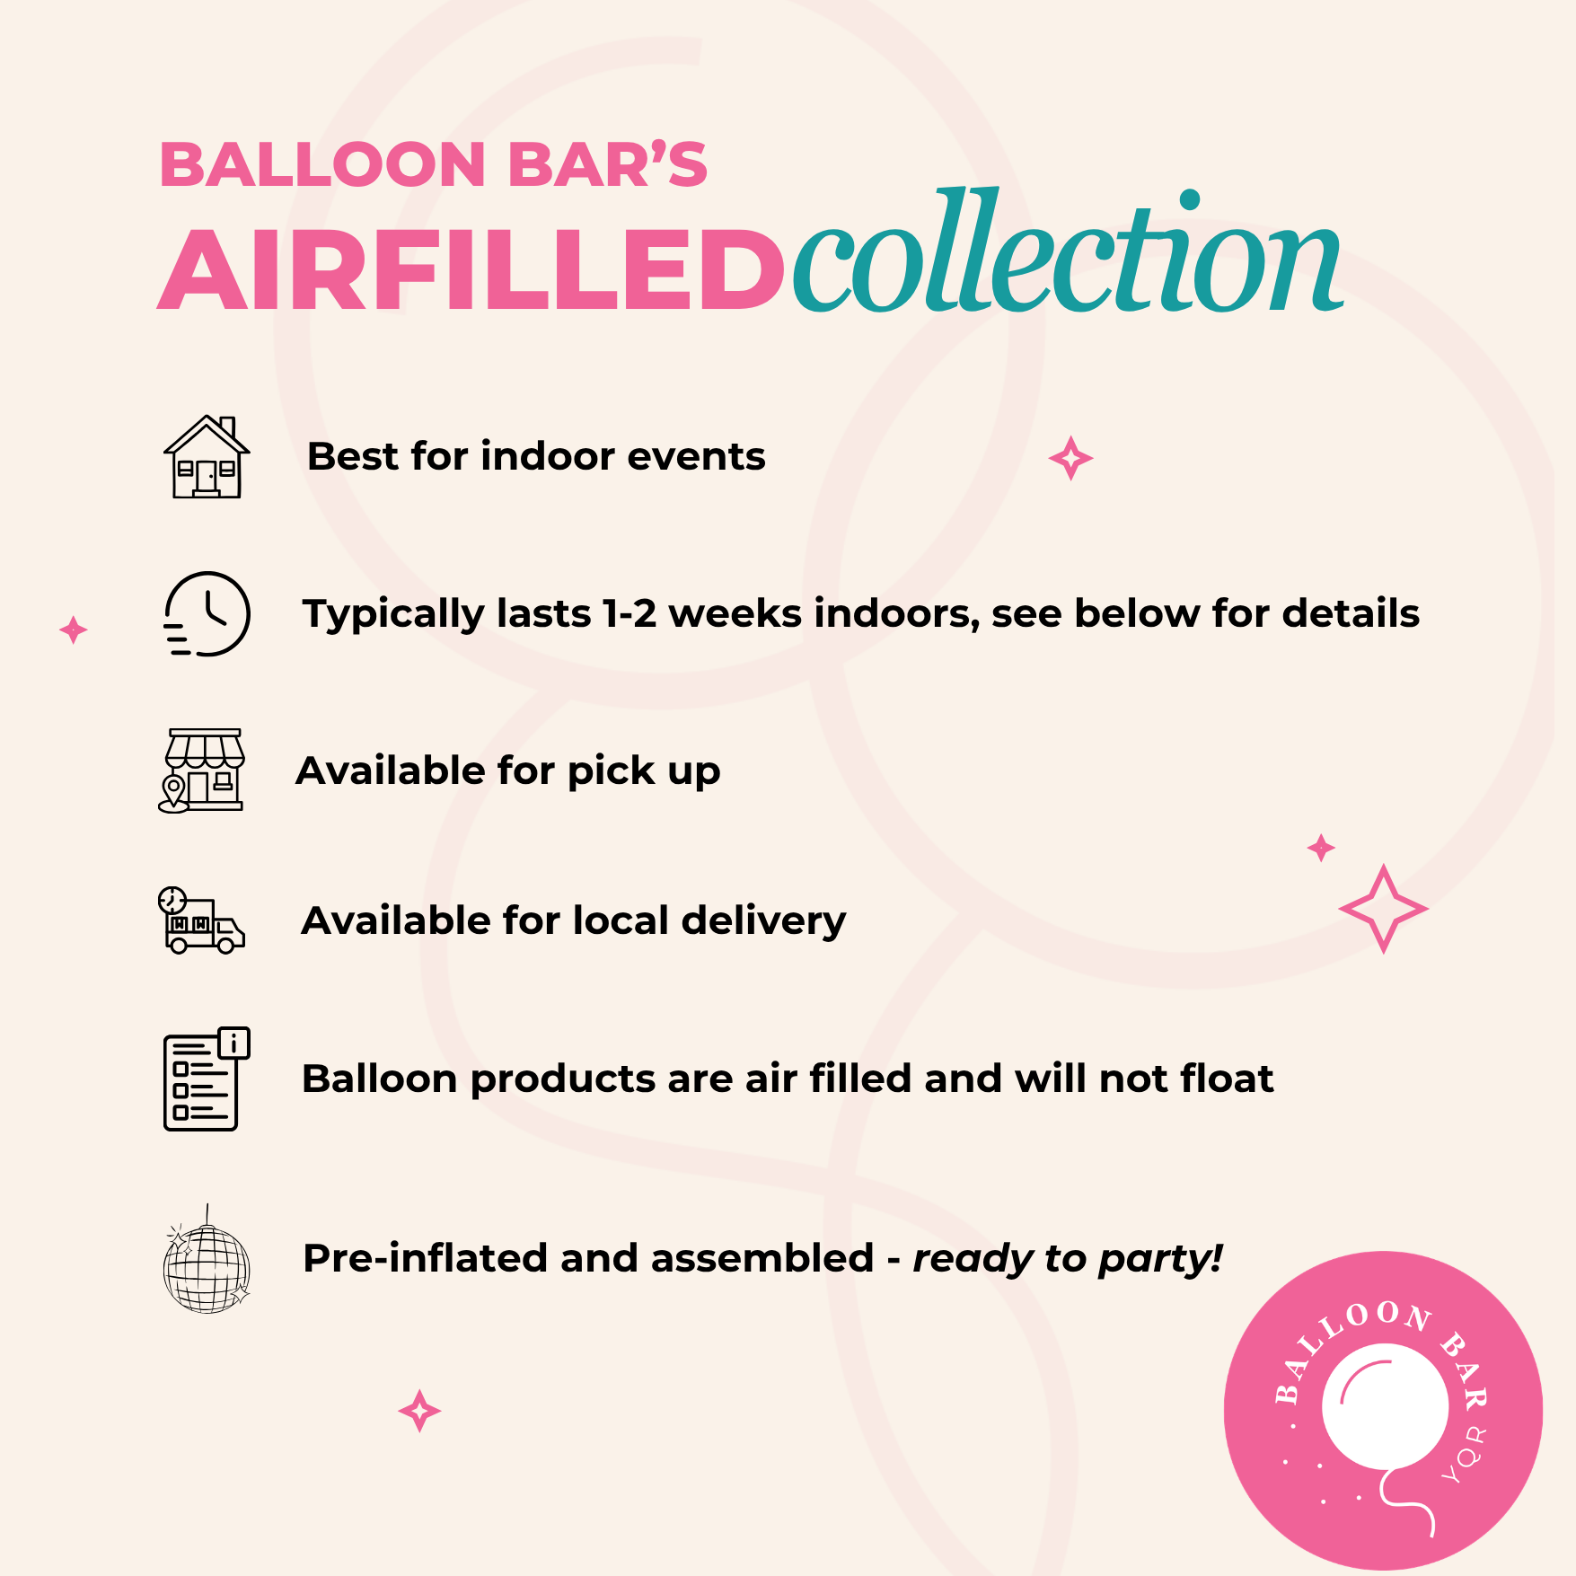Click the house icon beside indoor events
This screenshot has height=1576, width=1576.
(x=207, y=457)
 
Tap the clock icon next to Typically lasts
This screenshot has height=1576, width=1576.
(x=207, y=614)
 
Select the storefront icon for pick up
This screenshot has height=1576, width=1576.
(x=202, y=770)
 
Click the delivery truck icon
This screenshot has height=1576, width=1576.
(x=201, y=920)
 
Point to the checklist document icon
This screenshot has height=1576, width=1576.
(x=206, y=1079)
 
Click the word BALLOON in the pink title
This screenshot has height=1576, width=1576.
(x=323, y=166)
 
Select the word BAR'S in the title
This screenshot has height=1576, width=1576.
(x=608, y=165)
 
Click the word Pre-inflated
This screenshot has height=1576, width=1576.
(x=426, y=1259)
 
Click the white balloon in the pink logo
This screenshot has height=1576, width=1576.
(x=1385, y=1406)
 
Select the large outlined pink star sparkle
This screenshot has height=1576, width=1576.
(x=1383, y=909)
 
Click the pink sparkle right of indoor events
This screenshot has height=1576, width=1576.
(x=1070, y=458)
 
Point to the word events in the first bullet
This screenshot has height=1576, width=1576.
(x=696, y=456)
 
